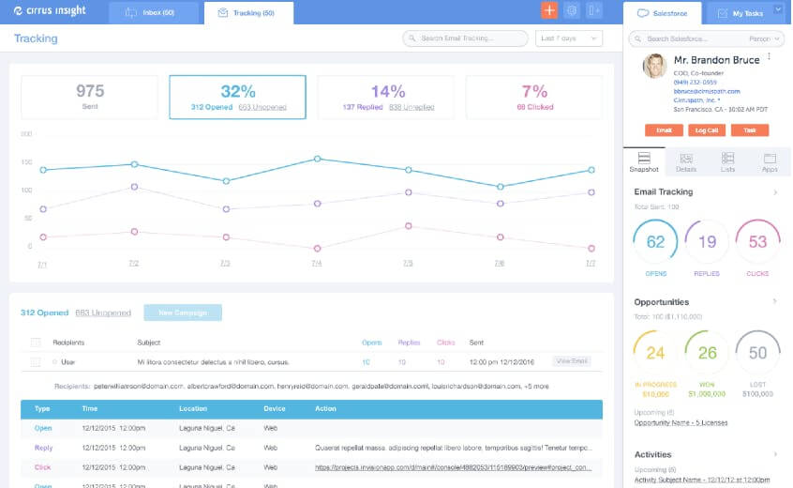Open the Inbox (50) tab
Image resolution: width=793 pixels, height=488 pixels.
coord(154,13)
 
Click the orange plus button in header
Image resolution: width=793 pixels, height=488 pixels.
coord(548,11)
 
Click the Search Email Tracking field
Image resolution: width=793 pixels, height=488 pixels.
coord(465,38)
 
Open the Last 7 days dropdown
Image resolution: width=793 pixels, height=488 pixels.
coord(569,38)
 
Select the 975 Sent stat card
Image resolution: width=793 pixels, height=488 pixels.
coord(90,97)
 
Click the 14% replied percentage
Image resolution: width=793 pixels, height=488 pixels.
coord(387,91)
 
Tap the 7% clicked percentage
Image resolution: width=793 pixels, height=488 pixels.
coord(534,91)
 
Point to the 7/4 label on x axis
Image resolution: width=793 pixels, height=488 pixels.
coord(316,264)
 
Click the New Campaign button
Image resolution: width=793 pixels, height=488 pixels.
coord(183,313)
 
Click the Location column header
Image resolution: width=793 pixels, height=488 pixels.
coord(194,409)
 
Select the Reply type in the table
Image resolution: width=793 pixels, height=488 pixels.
coord(43,448)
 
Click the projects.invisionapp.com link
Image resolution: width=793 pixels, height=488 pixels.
coord(453,466)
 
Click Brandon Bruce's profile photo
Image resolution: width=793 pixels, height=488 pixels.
coord(654,66)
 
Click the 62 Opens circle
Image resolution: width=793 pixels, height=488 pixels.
coord(655,242)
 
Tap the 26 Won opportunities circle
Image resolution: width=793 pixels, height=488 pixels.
coord(707,353)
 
